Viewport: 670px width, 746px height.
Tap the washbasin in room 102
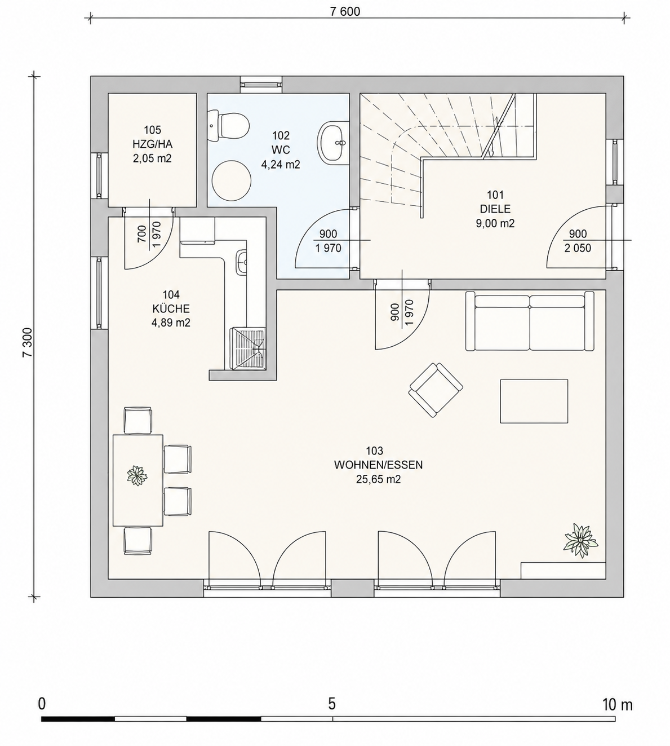(332, 142)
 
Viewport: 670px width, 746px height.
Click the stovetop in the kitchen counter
(247, 348)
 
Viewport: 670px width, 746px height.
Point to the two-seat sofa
(530, 321)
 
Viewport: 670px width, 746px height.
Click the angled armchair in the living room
(436, 390)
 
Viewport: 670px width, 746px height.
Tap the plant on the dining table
(137, 476)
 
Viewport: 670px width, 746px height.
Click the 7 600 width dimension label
(345, 12)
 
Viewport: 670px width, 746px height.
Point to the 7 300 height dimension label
(28, 342)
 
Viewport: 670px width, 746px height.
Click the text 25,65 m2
(379, 479)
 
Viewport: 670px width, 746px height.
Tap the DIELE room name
(495, 209)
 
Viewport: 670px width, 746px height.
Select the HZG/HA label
(153, 144)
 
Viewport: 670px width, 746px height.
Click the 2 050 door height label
(578, 248)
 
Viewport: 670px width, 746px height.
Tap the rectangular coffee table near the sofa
(534, 401)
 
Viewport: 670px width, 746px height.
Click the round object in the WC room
(231, 180)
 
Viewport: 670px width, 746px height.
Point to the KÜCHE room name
(171, 308)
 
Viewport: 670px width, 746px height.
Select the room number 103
(374, 451)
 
